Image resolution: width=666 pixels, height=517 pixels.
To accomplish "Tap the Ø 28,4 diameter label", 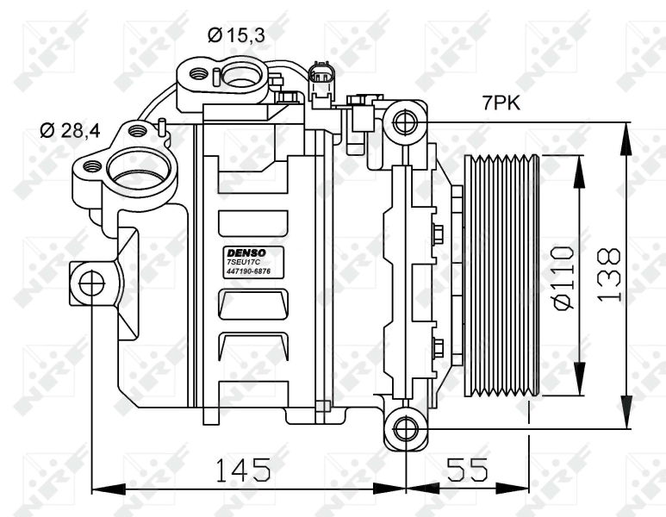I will coord(70,131).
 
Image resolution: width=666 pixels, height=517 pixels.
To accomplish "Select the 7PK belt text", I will coord(500,103).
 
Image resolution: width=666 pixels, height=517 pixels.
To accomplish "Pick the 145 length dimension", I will coord(242,470).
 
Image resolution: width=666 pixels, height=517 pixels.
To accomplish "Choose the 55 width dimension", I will coord(466,470).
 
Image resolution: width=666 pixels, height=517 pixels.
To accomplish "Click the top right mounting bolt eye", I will coord(403,121).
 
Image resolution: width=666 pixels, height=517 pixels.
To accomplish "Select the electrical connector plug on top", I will coord(321,80).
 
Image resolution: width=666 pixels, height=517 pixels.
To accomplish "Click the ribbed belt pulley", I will coord(502,276).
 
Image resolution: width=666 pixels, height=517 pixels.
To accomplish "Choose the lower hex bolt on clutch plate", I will coord(437,347).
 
